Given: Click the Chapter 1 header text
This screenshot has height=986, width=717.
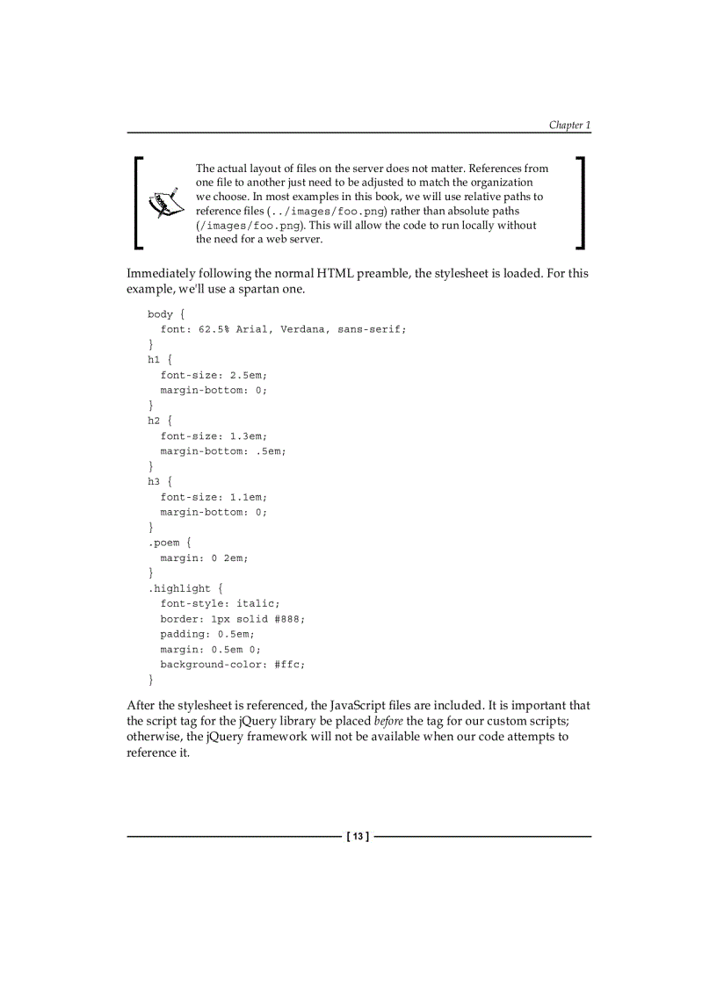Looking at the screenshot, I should point(569,125).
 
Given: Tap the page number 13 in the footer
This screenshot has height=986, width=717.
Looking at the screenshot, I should point(358,837).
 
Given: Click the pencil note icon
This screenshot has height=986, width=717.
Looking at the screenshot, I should point(164,203).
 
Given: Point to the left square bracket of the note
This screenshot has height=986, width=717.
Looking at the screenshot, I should point(139,203).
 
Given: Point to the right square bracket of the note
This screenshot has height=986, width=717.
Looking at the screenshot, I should point(580,203).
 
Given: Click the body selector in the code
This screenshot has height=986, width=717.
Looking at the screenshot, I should point(160,314).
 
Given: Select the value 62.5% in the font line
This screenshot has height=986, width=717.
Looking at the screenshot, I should point(214,329).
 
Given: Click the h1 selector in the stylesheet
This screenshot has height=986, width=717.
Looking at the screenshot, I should point(154,359).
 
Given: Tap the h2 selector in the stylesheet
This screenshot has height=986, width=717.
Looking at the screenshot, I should point(154,421).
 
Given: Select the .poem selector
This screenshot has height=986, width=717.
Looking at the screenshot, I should point(163,543).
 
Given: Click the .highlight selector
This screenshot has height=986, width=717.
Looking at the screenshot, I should point(179,588).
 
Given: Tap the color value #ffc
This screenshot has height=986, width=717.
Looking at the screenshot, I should point(289,665).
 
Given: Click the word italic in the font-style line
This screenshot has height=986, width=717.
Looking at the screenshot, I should point(257,603).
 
